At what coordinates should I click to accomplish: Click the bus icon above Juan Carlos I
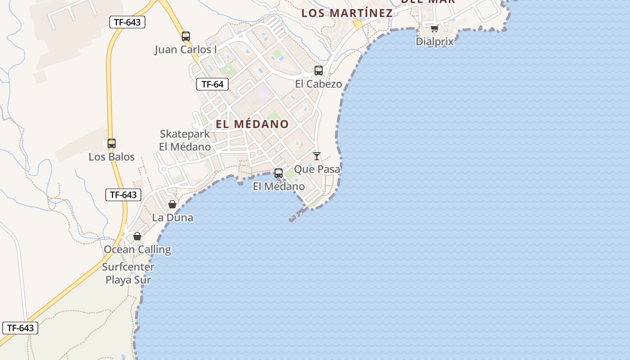point(186,36)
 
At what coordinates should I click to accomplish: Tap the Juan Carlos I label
point(186,49)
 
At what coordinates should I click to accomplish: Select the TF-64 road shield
point(212,84)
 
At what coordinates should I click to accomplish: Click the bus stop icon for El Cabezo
point(319,71)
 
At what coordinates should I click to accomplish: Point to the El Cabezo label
point(319,84)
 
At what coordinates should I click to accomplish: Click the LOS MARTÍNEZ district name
point(347,13)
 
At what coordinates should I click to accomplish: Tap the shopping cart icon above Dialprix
point(434,28)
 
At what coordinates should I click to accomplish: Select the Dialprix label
point(435,41)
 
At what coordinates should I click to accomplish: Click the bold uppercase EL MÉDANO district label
point(252,124)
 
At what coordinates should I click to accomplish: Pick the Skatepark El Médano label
point(185,140)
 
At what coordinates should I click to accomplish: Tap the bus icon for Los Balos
point(112,144)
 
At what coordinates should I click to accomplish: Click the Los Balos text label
point(112,157)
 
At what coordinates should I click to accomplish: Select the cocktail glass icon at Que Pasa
point(317,156)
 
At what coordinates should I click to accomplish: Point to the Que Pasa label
point(317,169)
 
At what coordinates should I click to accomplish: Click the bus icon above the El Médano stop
point(279,173)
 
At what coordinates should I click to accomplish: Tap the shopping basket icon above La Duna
point(172,204)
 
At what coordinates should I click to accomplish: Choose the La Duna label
point(173,217)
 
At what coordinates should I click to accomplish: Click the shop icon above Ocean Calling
point(137,236)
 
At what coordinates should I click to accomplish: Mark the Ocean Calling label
point(137,249)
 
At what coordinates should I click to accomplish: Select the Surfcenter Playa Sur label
point(128,273)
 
